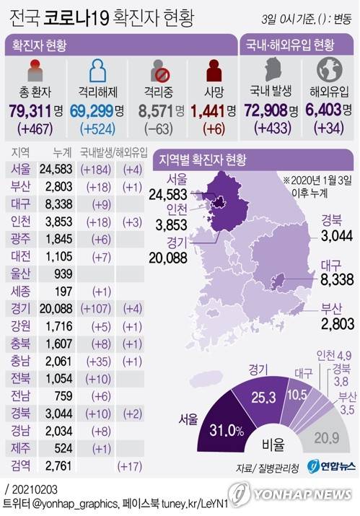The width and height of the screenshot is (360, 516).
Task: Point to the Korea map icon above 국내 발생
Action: [x=271, y=70]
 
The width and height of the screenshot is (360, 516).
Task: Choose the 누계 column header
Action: [x=62, y=153]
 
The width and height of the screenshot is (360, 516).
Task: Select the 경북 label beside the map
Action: [x=331, y=220]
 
